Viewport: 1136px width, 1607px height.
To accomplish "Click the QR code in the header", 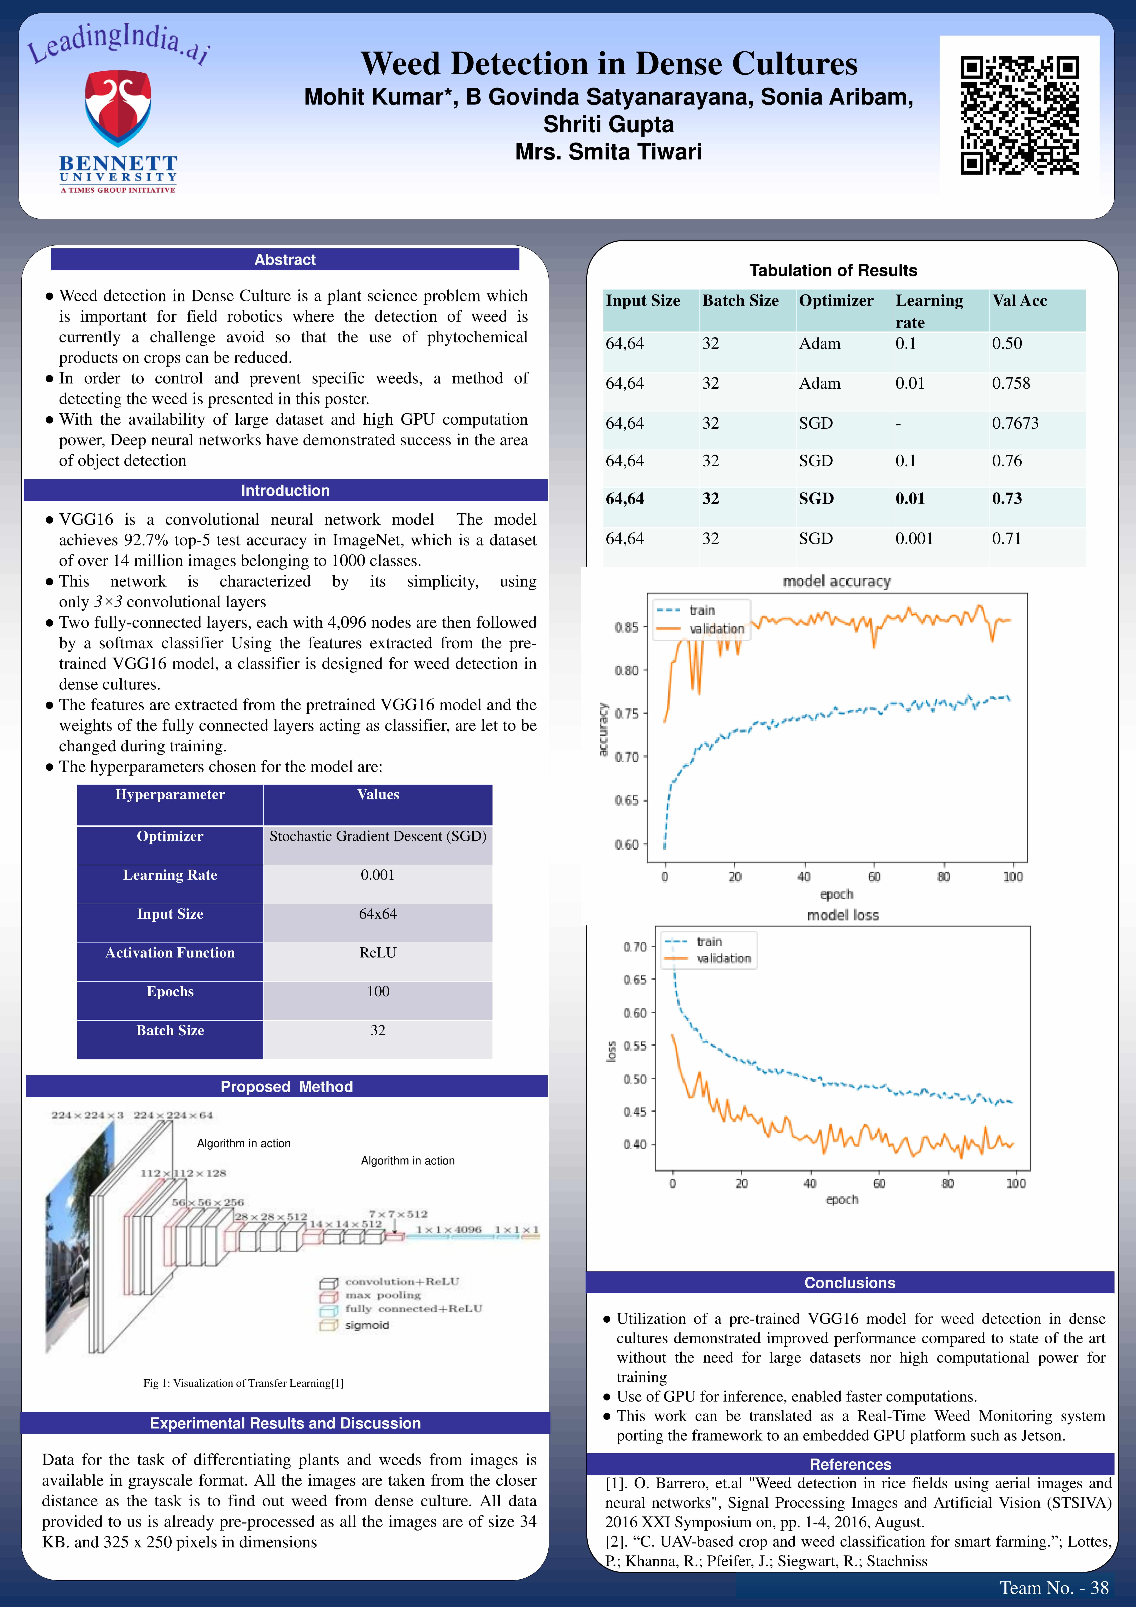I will (1019, 116).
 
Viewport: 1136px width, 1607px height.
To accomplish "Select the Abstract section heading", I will (285, 260).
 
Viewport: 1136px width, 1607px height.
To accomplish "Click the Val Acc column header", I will (1019, 301).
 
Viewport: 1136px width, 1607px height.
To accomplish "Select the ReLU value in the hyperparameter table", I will (378, 953).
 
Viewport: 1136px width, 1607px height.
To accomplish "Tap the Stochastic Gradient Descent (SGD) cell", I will (378, 836).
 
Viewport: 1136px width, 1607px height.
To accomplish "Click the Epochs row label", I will (170, 992).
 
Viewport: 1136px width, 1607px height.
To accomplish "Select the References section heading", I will (850, 1464).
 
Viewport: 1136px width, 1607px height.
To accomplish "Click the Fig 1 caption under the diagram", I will (243, 1383).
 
